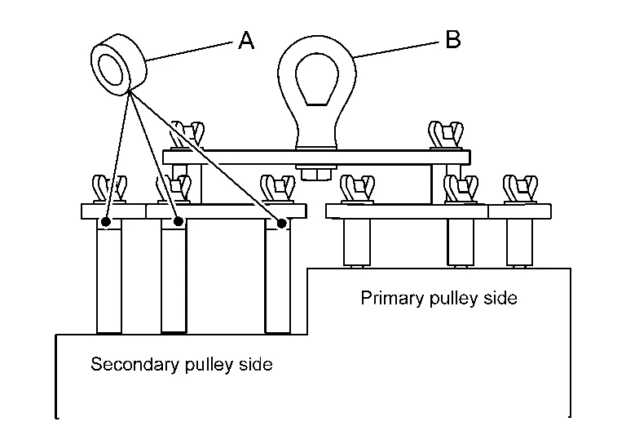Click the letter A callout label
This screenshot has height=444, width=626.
[x=246, y=40]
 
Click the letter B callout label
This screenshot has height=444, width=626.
[x=453, y=39]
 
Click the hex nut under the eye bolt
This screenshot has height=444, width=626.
[x=315, y=173]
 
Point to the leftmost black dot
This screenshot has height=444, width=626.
[x=107, y=220]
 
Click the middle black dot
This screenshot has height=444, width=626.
[x=178, y=220]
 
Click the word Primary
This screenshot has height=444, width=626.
[x=388, y=299]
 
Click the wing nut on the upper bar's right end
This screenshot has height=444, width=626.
[x=446, y=135]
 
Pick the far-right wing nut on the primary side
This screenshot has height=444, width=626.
[x=518, y=189]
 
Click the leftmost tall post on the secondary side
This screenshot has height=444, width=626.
[x=109, y=277]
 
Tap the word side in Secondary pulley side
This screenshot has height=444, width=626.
[x=254, y=364]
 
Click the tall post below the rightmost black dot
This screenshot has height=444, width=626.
[x=279, y=282]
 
